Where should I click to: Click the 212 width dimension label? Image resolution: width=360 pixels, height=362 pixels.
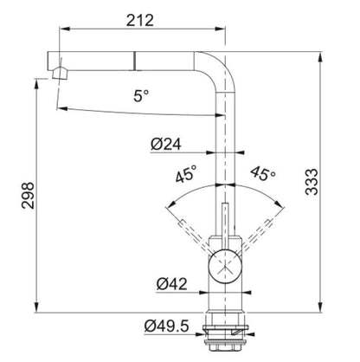[x=140, y=20]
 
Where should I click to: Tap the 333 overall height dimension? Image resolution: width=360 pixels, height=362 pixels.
[x=312, y=182]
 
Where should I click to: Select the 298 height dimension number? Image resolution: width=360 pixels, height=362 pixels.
[x=28, y=196]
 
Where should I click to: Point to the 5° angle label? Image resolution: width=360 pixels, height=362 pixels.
[x=141, y=95]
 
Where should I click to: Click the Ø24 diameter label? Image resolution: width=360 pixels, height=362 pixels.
[x=166, y=144]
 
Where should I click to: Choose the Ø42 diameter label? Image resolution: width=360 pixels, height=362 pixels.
[x=171, y=284]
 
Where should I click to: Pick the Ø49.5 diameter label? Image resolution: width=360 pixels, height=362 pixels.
[x=167, y=326]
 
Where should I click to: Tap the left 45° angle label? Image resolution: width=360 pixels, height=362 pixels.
[x=186, y=174]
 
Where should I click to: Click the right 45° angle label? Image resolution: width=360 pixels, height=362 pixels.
[x=263, y=173]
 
